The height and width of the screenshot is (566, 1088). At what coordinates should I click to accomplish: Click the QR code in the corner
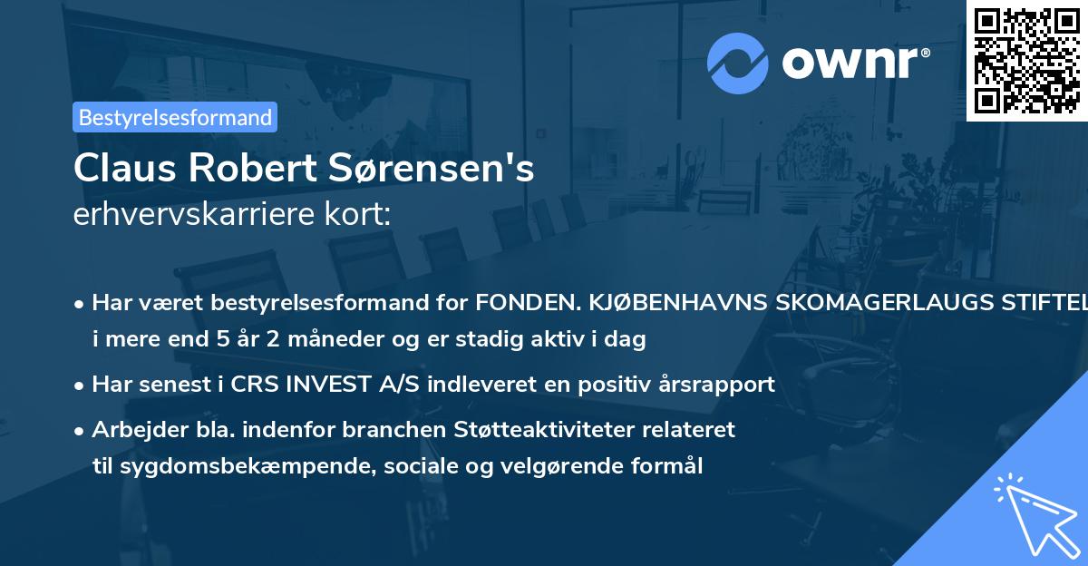[x=1025, y=60]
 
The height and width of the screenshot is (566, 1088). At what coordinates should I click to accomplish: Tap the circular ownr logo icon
[x=737, y=62]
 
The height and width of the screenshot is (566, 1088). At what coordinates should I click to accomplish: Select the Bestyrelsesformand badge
[x=175, y=117]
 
